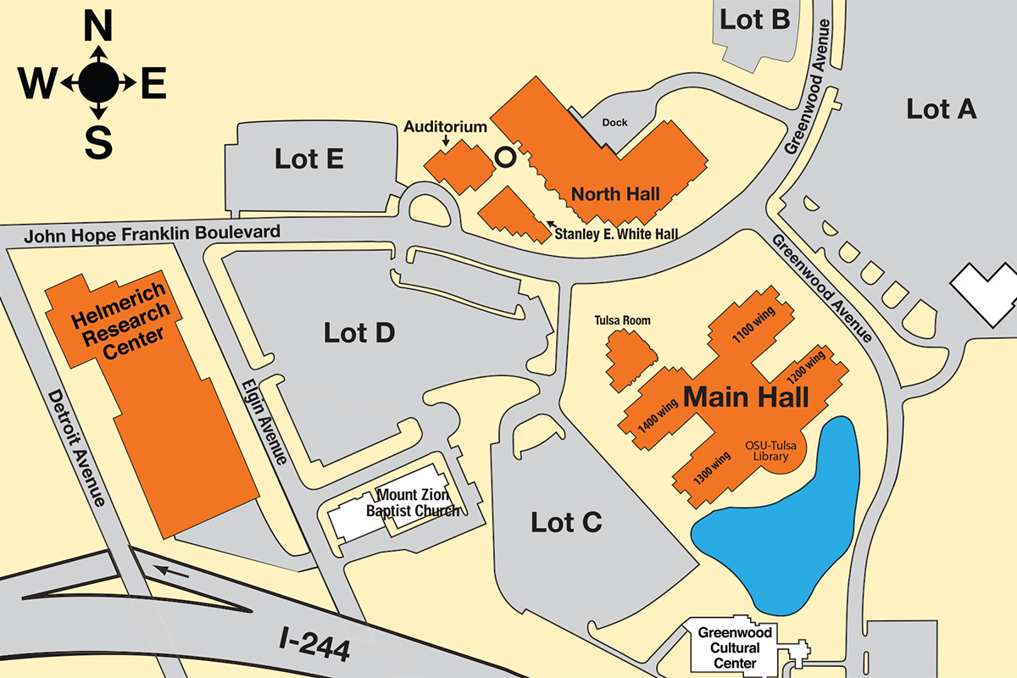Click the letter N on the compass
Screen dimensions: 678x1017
pos(98,29)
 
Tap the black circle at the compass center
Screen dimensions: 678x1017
pos(98,82)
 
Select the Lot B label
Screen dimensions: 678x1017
pos(754,19)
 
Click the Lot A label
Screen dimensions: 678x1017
pos(942,108)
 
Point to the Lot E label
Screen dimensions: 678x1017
pos(308,158)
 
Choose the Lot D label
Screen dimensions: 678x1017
pos(359,333)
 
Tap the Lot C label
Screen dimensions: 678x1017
pos(566,522)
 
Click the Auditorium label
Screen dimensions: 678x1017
pos(445,127)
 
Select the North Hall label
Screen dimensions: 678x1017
pos(615,194)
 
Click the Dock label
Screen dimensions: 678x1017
pos(614,123)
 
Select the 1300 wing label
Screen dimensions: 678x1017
pos(712,468)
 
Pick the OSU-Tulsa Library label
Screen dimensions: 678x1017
pos(772,451)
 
